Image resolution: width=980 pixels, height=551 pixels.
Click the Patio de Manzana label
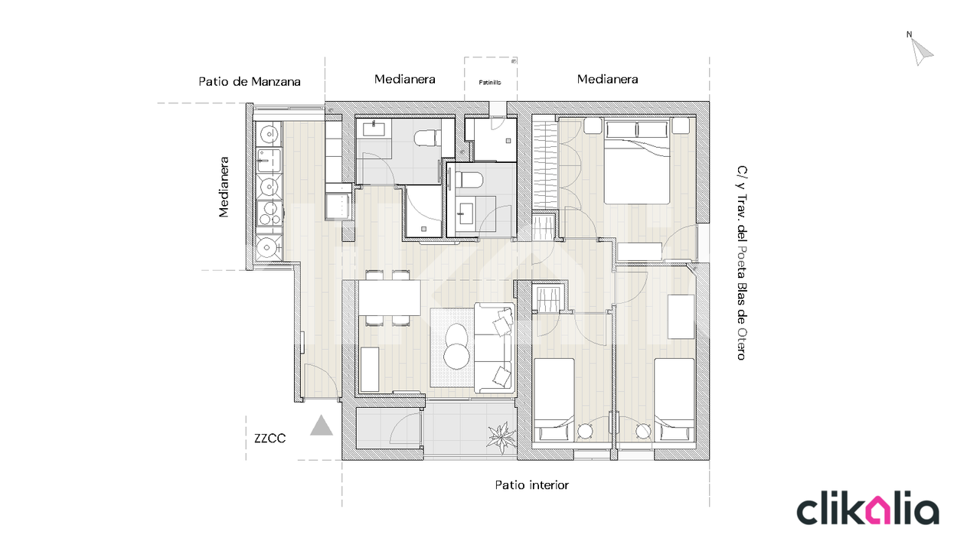tap(250, 82)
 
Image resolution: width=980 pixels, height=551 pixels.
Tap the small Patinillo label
tap(489, 82)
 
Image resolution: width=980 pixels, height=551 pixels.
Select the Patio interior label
tap(531, 485)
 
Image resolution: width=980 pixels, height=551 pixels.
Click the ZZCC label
tap(269, 439)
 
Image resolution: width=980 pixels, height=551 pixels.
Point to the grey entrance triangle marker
tap(321, 426)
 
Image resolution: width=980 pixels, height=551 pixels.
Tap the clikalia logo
tap(868, 508)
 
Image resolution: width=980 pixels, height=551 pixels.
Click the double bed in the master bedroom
tap(637, 162)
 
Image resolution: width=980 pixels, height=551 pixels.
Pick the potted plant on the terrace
tap(501, 437)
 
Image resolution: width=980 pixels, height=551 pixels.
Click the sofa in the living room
tap(494, 347)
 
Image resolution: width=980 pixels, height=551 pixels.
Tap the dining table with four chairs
tap(388, 298)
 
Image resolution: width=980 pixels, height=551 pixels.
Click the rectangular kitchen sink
tap(269, 160)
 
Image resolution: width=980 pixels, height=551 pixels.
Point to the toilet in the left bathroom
tap(428, 139)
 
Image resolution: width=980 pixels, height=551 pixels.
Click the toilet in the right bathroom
tap(469, 180)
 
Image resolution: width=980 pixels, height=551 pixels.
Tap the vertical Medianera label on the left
tap(224, 187)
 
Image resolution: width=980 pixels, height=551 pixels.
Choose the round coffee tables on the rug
tap(456, 347)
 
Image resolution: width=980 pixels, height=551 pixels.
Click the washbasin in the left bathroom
tap(374, 129)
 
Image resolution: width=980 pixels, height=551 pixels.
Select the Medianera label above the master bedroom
tap(607, 79)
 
